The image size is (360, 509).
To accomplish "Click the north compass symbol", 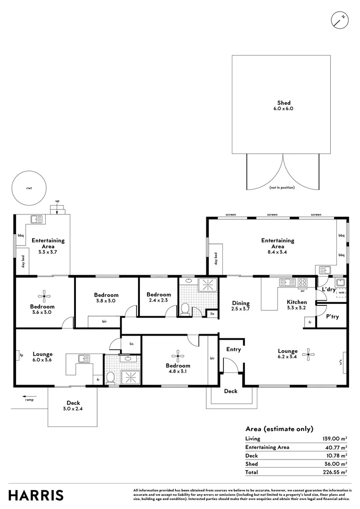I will click(340, 20).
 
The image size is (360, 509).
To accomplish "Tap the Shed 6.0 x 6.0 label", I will click(284, 106).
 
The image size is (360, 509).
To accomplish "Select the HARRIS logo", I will click(36, 495).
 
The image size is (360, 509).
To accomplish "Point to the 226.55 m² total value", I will click(336, 472).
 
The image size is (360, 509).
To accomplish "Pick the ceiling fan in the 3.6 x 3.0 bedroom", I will click(45, 296).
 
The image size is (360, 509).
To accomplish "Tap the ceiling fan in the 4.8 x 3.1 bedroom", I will click(178, 356).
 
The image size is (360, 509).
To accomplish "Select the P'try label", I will click(333, 317).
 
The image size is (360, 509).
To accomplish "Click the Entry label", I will click(234, 350).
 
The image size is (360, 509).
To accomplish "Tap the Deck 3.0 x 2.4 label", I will click(73, 406).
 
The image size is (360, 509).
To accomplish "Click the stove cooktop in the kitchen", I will click(303, 283).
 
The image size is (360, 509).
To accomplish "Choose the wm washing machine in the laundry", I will click(341, 293).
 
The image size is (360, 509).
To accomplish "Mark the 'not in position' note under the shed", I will click(282, 188).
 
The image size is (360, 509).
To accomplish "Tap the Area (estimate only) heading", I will click(279, 429).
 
